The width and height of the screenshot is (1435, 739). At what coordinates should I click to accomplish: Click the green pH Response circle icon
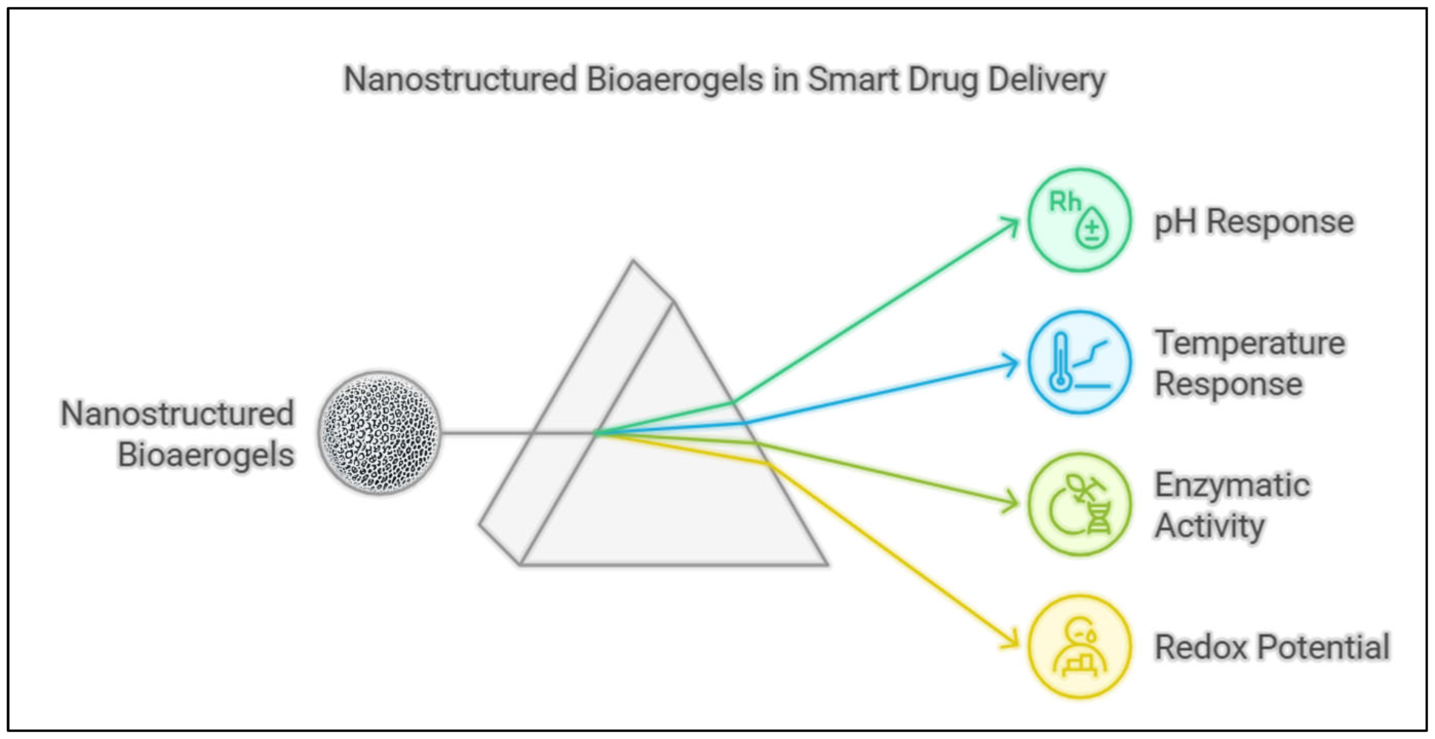pyautogui.click(x=1080, y=220)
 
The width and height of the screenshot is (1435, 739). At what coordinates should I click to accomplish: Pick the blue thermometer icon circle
pyautogui.click(x=1080, y=362)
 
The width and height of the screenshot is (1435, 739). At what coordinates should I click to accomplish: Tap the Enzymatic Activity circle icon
pyautogui.click(x=1080, y=504)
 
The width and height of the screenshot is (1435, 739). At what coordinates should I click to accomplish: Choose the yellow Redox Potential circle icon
pyautogui.click(x=1080, y=646)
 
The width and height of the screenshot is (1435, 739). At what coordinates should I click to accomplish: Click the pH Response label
pyautogui.click(x=1253, y=222)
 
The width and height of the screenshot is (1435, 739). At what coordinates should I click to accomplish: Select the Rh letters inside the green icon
pyautogui.click(x=1064, y=202)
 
